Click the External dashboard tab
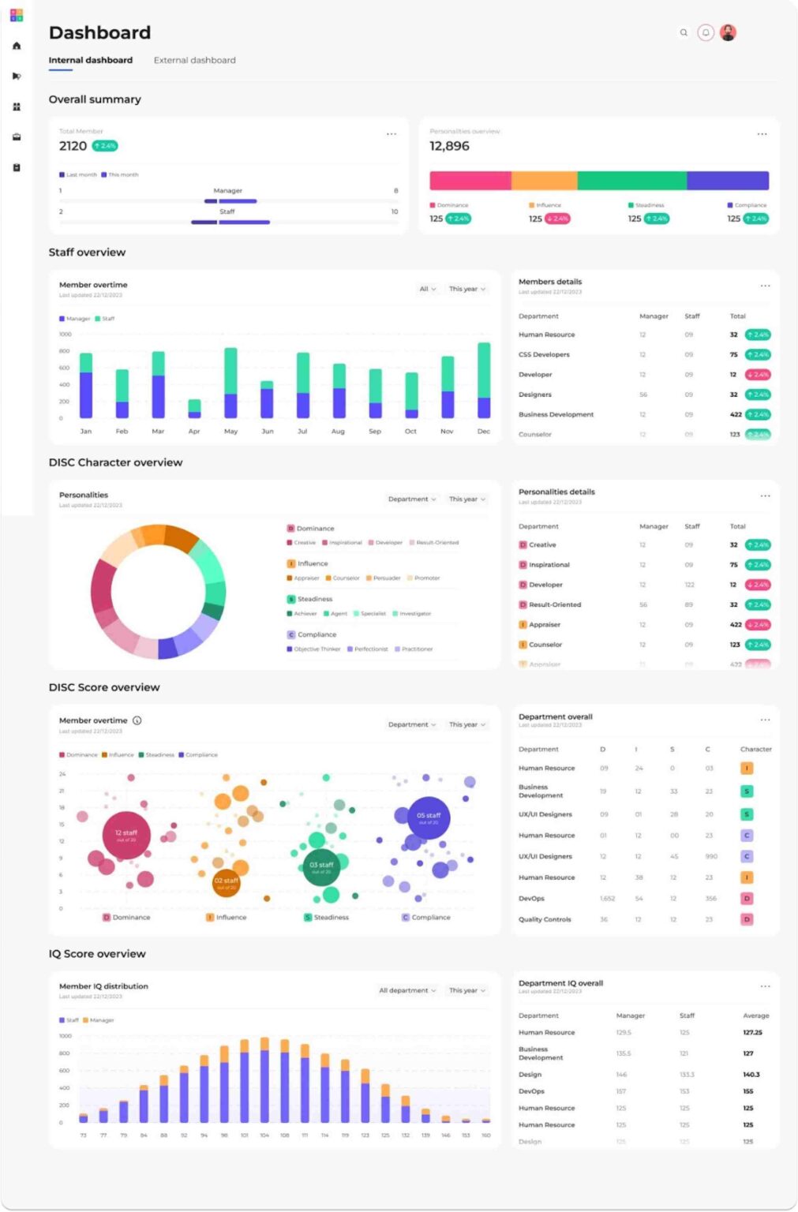click(x=194, y=60)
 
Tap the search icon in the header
click(x=684, y=32)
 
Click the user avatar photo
click(x=729, y=32)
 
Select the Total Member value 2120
click(x=73, y=146)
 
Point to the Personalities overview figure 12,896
click(x=449, y=146)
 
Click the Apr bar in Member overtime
click(x=194, y=409)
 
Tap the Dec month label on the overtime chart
click(x=484, y=432)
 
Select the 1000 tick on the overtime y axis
click(x=65, y=335)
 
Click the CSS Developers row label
click(x=544, y=355)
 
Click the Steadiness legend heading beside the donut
click(x=315, y=599)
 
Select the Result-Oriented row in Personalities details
click(x=555, y=605)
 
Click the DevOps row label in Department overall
click(x=531, y=899)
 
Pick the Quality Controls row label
click(x=545, y=919)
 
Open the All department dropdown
click(x=407, y=990)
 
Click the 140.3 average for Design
click(x=751, y=1075)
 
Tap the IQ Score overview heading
click(x=97, y=954)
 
